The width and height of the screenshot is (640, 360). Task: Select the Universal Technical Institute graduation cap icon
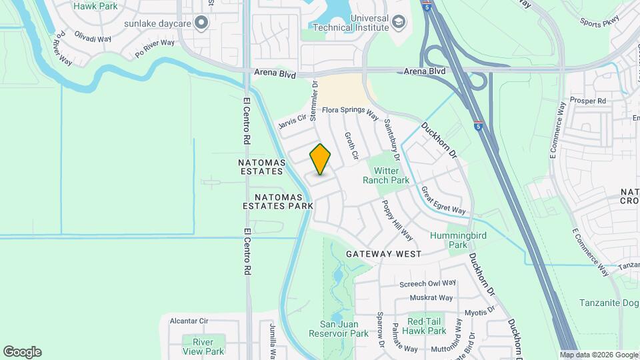click(398, 23)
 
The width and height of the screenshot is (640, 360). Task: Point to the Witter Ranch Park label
click(386, 175)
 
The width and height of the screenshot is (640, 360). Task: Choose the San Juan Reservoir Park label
click(339, 329)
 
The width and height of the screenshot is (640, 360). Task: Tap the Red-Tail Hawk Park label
click(427, 326)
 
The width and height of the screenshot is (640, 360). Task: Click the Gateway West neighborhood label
click(383, 254)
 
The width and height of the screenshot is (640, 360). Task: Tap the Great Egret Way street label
click(443, 201)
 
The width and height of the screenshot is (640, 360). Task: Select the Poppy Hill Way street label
click(397, 219)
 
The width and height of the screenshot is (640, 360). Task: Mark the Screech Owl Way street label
click(427, 283)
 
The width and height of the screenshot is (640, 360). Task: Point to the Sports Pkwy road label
click(600, 22)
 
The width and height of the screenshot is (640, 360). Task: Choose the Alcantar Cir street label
click(189, 321)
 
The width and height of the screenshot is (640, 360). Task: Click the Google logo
click(22, 352)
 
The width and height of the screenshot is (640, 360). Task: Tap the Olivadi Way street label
click(93, 39)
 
